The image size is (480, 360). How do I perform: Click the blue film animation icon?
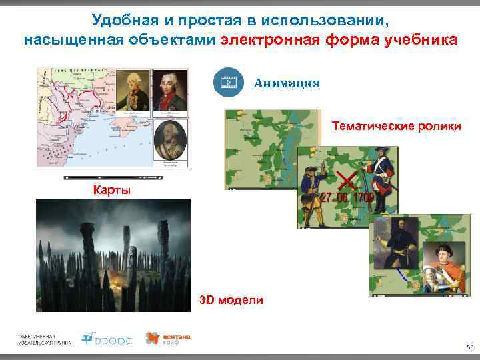pos(229,83)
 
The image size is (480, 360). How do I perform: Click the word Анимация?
pos(287,83)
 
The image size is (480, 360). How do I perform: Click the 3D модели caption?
pos(231,301)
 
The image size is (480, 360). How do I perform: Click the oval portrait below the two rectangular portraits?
pos(169,142)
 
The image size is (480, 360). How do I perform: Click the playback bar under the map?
pos(113,178)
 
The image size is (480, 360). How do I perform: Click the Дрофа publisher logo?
pos(106,339)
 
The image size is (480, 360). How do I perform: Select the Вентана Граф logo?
pos(168,339)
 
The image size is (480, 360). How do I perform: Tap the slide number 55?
pos(469,347)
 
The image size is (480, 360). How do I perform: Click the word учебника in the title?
pos(421,39)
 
